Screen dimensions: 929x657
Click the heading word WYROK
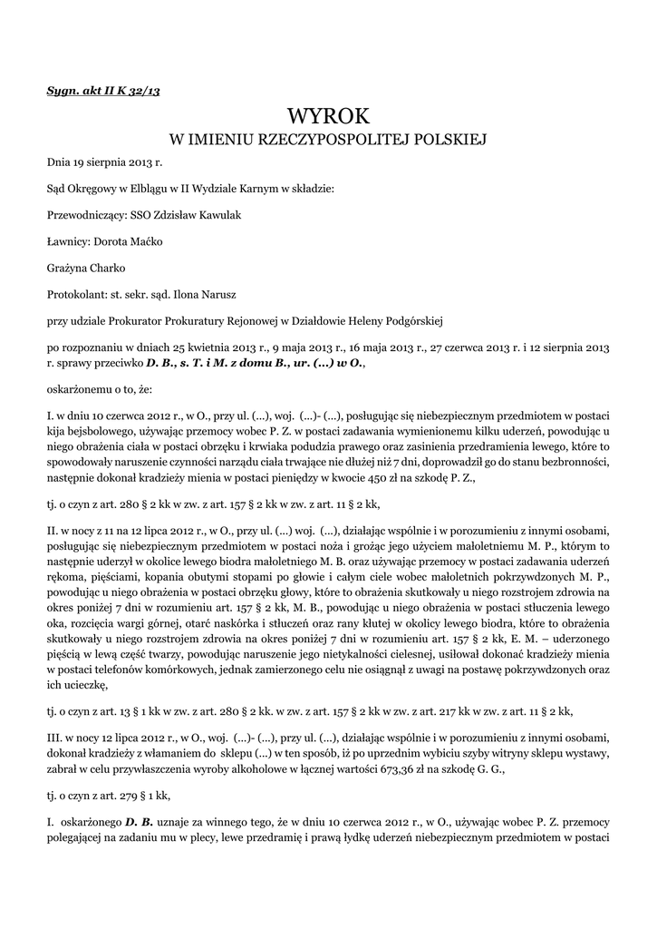tap(329, 116)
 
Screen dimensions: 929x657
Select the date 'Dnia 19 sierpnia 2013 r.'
tap(103, 163)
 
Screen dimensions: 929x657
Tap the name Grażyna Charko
tap(87, 269)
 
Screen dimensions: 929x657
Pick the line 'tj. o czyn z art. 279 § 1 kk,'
tap(109, 795)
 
